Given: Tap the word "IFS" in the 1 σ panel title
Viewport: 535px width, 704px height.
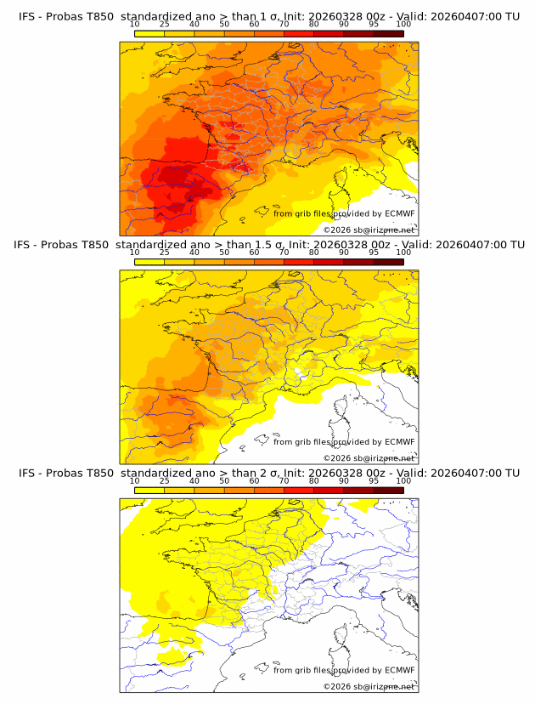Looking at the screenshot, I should click(x=29, y=17).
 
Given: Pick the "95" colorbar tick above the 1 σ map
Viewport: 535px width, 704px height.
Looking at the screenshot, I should click(x=374, y=25).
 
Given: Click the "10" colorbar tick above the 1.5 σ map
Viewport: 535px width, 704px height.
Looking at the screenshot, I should click(x=134, y=253).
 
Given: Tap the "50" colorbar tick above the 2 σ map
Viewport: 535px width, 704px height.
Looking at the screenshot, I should click(x=224, y=480).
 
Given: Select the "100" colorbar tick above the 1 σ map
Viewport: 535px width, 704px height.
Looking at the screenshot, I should click(x=403, y=25).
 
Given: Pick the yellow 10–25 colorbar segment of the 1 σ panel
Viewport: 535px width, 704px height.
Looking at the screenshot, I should click(x=149, y=34).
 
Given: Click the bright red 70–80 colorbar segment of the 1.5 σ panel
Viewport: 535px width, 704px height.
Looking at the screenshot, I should click(x=298, y=262).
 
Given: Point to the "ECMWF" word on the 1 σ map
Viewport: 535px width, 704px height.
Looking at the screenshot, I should click(x=400, y=213).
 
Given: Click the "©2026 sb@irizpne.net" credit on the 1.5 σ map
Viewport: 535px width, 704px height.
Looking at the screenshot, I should click(x=369, y=457).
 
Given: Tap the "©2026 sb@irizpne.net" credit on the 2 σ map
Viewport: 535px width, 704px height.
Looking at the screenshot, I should click(x=369, y=686).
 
